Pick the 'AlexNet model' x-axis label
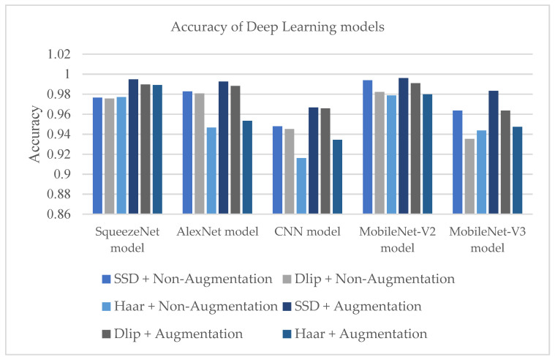(218, 233)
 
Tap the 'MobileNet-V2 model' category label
(399, 239)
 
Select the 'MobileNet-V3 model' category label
(488, 239)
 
